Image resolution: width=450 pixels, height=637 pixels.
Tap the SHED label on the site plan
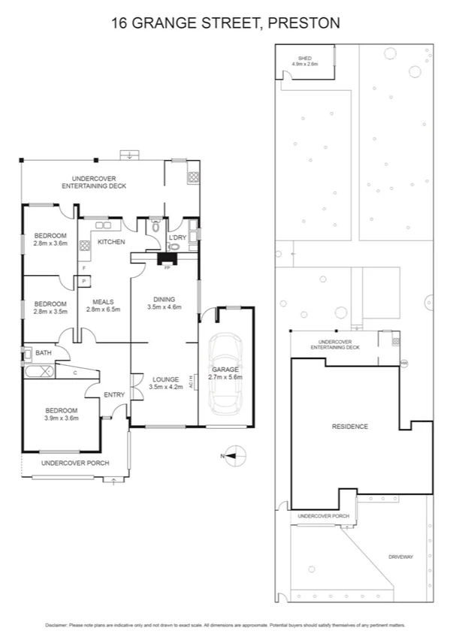(x=304, y=59)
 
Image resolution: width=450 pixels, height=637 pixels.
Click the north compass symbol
(x=234, y=454)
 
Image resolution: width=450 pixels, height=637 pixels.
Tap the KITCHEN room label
(x=110, y=242)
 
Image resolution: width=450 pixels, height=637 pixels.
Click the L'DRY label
(x=177, y=238)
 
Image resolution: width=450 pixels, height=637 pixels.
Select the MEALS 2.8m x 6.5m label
(x=104, y=305)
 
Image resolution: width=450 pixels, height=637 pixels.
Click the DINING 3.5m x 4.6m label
(x=165, y=303)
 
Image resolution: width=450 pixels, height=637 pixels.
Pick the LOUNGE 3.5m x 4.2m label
(x=164, y=383)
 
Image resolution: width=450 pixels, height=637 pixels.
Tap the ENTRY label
(x=114, y=395)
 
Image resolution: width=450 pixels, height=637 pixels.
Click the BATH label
(x=43, y=352)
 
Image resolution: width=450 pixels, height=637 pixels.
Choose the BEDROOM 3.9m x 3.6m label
(x=61, y=414)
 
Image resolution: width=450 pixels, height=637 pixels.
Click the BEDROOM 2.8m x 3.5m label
(x=51, y=307)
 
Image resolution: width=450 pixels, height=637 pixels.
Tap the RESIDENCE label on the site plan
(x=350, y=427)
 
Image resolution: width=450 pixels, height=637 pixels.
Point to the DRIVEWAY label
(x=401, y=557)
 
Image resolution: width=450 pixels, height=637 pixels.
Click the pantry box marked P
(x=83, y=281)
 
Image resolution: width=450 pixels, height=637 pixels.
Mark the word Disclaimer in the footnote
(x=57, y=625)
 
